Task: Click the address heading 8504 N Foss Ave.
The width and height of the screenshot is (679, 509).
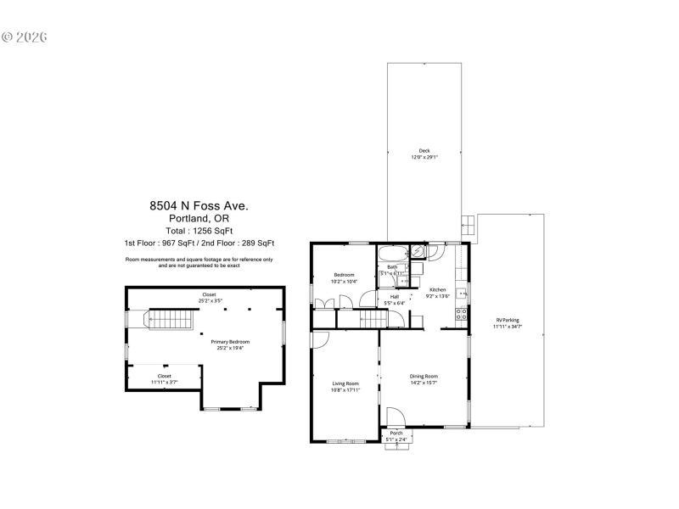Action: coord(199,205)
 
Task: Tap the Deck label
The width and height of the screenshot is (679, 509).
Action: coord(424,151)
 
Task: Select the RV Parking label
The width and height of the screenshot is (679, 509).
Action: coord(508,320)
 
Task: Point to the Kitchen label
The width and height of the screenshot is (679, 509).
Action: coord(437,290)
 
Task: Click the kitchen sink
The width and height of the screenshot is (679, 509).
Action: coord(462,294)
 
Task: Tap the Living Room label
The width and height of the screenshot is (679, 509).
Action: coord(345,383)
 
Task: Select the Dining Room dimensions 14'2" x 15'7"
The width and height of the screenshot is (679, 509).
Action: coord(424,383)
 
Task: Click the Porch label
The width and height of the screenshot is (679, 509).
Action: coord(396,433)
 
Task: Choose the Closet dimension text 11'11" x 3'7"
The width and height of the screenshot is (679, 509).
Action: coord(164,383)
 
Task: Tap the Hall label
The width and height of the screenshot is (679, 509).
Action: coord(395,297)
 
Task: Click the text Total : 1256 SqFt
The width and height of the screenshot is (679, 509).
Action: coord(199,231)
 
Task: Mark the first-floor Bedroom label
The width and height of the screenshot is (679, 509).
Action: coord(344,275)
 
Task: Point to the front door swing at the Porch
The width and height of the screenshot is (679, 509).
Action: coord(396,417)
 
